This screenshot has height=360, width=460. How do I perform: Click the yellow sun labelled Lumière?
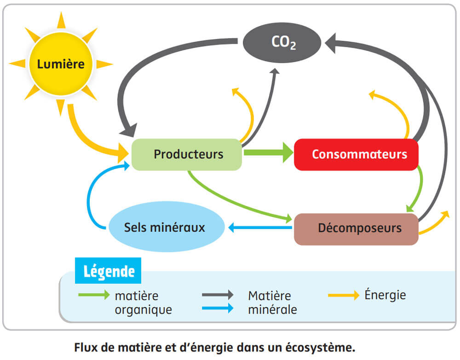click(x=61, y=64)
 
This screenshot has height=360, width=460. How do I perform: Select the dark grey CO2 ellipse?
click(x=282, y=43)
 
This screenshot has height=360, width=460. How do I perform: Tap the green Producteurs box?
click(x=187, y=154)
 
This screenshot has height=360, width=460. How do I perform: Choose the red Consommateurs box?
click(x=356, y=154)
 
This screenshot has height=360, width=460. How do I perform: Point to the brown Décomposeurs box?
click(x=356, y=229)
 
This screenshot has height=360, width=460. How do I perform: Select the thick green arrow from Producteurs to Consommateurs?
click(x=267, y=152)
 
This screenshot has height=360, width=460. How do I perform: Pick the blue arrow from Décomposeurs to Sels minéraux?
click(x=260, y=227)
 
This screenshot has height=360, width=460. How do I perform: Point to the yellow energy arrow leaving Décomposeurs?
click(x=435, y=224)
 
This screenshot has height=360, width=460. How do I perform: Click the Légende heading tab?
click(x=108, y=271)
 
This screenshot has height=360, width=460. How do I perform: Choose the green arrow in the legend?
click(x=93, y=294)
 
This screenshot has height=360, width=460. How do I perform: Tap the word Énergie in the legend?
click(x=385, y=295)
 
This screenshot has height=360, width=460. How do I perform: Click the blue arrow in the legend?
click(x=217, y=309)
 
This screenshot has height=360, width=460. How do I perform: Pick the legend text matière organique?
click(x=143, y=303)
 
